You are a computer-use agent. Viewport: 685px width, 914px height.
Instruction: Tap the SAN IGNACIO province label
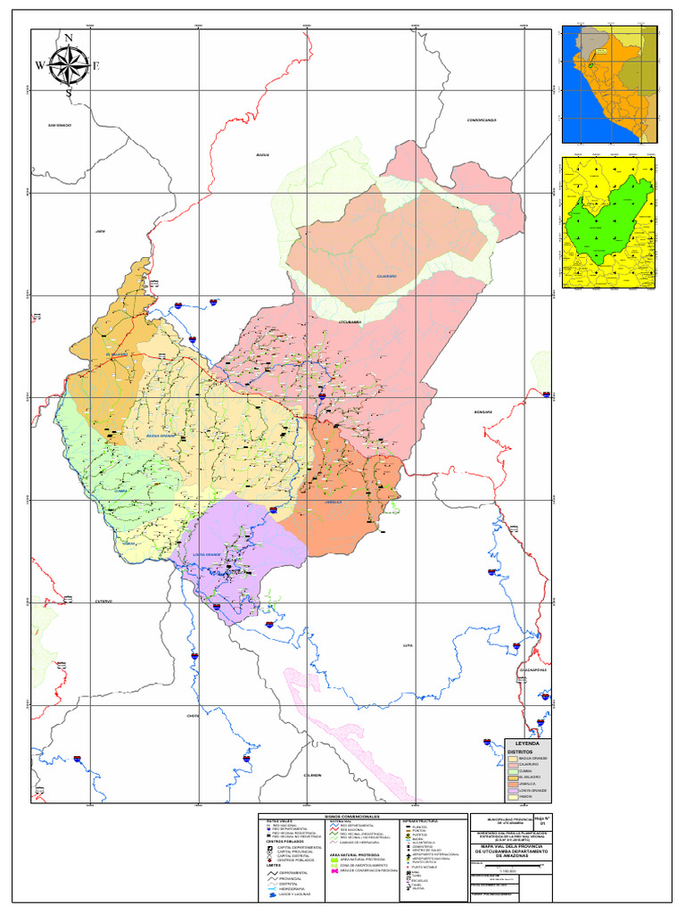(x=60, y=125)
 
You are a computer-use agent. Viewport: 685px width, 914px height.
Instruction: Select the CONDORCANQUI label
(x=481, y=120)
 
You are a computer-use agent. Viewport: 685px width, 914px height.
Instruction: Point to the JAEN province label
(x=101, y=230)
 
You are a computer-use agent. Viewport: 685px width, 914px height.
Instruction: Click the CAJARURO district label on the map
(x=386, y=277)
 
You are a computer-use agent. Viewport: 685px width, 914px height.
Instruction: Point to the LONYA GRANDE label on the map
(x=207, y=554)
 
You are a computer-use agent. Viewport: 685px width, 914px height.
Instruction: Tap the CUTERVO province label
(x=103, y=602)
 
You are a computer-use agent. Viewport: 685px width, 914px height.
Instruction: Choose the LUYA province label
(x=409, y=644)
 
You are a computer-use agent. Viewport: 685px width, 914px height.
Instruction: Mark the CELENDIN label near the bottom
(x=311, y=775)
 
